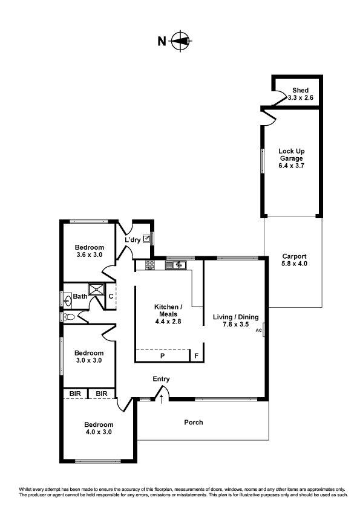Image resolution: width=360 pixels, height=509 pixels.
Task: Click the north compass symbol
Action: pyautogui.click(x=180, y=41)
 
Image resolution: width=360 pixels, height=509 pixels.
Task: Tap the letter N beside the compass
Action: pyautogui.click(x=162, y=41)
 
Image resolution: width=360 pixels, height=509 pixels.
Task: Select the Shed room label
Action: pyautogui.click(x=300, y=90)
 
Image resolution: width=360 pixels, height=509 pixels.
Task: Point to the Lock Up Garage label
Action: pyautogui.click(x=292, y=155)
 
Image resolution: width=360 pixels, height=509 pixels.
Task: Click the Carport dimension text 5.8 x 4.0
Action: pyautogui.click(x=295, y=264)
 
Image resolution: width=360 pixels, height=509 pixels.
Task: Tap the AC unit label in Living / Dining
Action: pyautogui.click(x=258, y=331)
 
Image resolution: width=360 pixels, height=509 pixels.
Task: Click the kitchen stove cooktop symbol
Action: pyautogui.click(x=150, y=265)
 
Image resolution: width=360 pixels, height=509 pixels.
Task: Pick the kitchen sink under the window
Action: pyautogui.click(x=175, y=265)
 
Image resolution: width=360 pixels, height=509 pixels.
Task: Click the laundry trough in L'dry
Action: pyautogui.click(x=146, y=239)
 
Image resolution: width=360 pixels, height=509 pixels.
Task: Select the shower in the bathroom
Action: pyautogui.click(x=96, y=289)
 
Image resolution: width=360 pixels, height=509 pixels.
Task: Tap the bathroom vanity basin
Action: pyautogui.click(x=68, y=299)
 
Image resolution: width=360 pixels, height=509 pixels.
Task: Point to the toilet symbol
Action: pyautogui.click(x=69, y=317)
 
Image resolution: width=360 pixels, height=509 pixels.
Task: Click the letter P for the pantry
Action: pyautogui.click(x=163, y=356)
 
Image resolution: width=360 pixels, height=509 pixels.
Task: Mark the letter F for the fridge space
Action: pyautogui.click(x=196, y=356)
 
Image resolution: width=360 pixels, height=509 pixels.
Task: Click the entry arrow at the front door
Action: pyautogui.click(x=161, y=399)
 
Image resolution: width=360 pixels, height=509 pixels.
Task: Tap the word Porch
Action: pyautogui.click(x=194, y=423)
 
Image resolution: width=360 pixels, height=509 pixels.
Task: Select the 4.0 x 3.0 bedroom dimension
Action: pyautogui.click(x=99, y=432)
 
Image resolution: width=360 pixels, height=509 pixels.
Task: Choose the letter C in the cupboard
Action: pyautogui.click(x=111, y=296)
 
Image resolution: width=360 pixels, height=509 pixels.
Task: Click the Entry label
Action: pyautogui.click(x=161, y=379)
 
